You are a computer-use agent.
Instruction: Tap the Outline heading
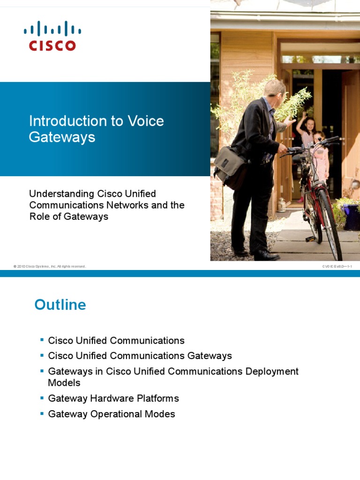(60, 305)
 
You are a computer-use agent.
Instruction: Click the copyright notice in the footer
(50, 266)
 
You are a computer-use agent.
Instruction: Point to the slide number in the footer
(337, 266)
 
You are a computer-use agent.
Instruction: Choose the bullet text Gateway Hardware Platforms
(113, 399)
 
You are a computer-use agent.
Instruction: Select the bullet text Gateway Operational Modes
(112, 414)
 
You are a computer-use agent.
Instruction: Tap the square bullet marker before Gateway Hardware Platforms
(42, 397)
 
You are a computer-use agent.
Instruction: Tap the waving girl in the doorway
(308, 131)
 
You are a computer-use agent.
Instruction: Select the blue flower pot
(351, 216)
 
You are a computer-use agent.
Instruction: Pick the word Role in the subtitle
(40, 217)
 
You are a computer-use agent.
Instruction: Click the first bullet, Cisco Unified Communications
(116, 341)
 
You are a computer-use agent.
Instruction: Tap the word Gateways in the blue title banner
(62, 137)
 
